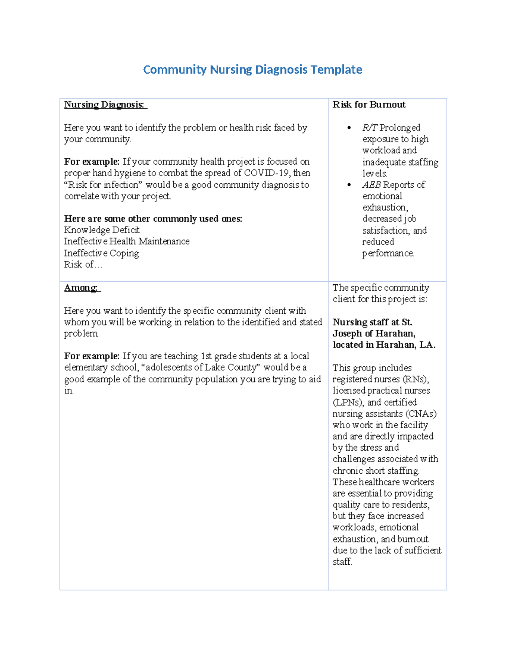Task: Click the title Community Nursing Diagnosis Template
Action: tap(253, 69)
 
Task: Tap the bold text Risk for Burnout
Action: tap(369, 104)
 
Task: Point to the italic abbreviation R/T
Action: tap(370, 128)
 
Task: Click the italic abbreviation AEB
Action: tap(371, 185)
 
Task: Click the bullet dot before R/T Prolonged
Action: tap(349, 128)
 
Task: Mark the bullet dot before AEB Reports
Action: tap(349, 185)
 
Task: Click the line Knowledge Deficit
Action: tap(102, 230)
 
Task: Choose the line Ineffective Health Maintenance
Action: tap(126, 241)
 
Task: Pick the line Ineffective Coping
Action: tap(101, 253)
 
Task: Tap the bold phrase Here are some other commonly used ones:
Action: tap(153, 219)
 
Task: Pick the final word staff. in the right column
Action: tap(342, 562)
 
